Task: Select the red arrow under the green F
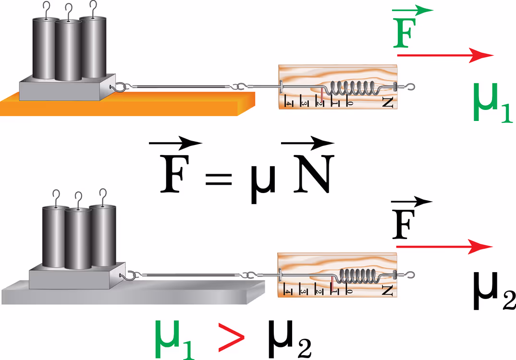point(445,55)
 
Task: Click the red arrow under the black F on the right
point(444,246)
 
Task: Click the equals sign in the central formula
point(219,179)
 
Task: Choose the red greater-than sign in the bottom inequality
point(232,337)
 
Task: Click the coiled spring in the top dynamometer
point(352,88)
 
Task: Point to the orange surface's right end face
point(246,104)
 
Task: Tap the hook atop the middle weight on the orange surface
point(68,12)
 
